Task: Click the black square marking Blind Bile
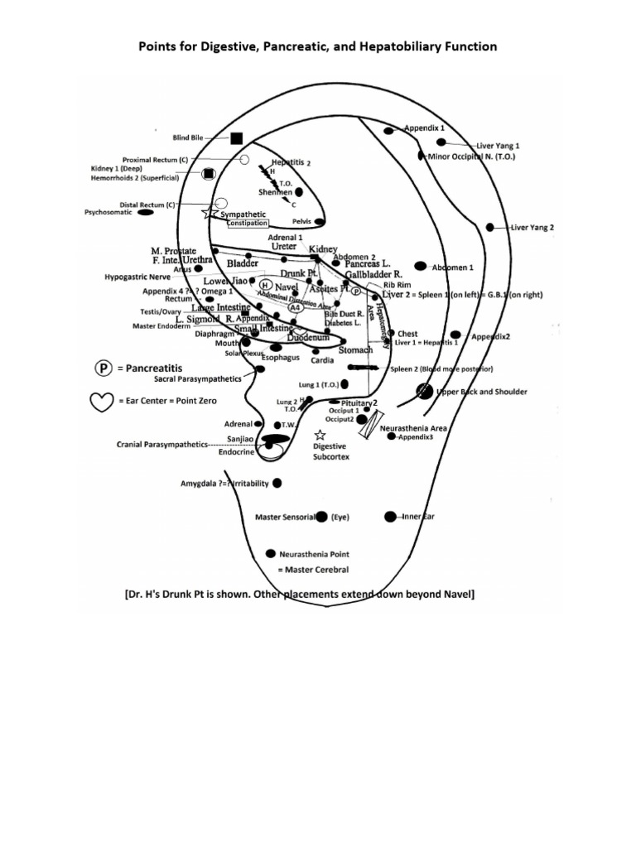[236, 138]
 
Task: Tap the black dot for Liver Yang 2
[490, 227]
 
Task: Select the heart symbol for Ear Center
[101, 401]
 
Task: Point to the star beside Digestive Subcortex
[320, 435]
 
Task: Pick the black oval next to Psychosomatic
[145, 213]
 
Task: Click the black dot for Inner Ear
[390, 517]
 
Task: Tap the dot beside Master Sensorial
[321, 517]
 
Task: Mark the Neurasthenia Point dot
[270, 553]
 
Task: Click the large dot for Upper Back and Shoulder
[426, 391]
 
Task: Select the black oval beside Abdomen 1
[420, 266]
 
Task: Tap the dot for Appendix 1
[388, 131]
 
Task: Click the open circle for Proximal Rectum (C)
[244, 159]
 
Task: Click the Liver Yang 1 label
[498, 145]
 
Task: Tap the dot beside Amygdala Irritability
[277, 483]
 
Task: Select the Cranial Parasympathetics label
[162, 444]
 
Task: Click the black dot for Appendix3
[392, 436]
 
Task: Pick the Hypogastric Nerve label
[137, 278]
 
